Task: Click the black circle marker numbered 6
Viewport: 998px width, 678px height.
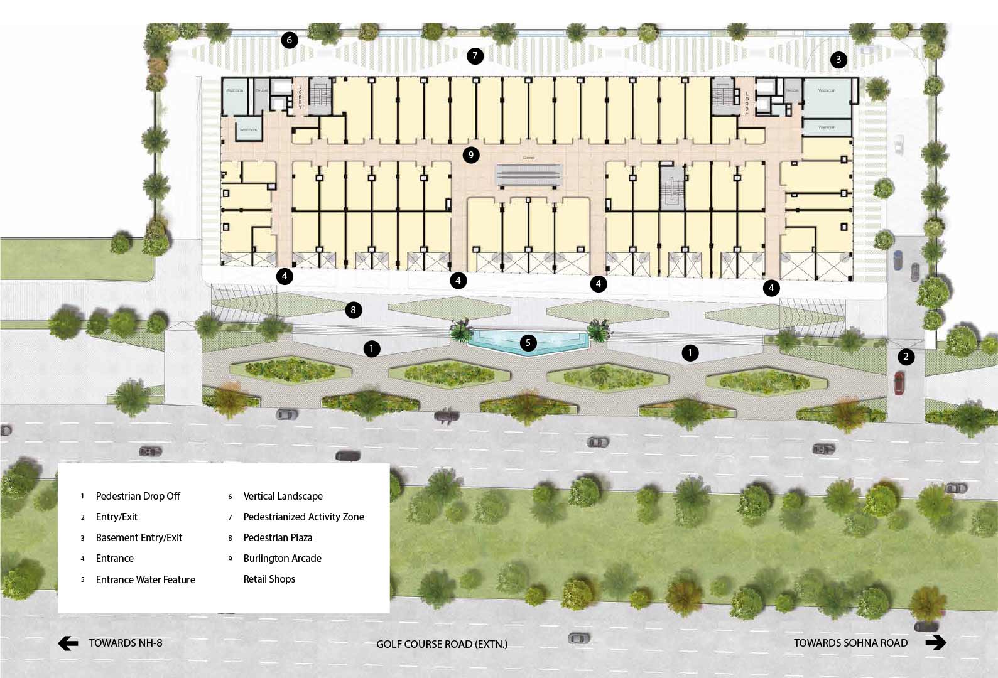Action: [289, 40]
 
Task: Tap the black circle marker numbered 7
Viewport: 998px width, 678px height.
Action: [475, 56]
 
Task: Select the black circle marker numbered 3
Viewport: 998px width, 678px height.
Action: [838, 60]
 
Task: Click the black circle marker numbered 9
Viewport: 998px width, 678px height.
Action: [470, 155]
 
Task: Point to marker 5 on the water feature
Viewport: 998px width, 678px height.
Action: [528, 343]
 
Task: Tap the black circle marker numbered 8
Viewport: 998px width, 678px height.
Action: [353, 309]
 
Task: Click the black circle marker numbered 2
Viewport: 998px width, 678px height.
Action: [905, 357]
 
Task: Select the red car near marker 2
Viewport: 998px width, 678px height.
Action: [899, 383]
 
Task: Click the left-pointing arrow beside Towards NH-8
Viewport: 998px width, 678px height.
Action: [68, 643]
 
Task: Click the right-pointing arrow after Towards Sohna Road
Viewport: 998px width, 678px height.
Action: [935, 643]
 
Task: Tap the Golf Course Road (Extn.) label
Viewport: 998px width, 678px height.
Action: [442, 644]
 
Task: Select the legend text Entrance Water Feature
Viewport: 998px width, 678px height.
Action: [145, 579]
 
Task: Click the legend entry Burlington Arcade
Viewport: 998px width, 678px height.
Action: [282, 558]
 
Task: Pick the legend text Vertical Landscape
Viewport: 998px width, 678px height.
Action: [283, 496]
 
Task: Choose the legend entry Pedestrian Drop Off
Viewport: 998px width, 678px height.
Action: [138, 496]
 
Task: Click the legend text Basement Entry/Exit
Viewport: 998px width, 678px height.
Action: [139, 537]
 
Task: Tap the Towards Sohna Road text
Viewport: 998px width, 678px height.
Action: [850, 643]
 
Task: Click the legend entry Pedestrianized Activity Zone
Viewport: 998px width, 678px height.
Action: [303, 517]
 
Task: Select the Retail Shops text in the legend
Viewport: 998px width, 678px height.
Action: [269, 579]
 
